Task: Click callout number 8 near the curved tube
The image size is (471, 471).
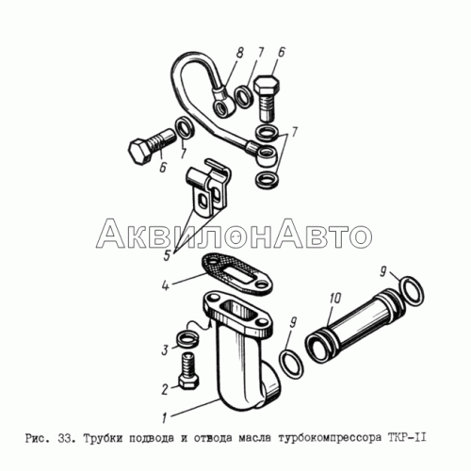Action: click(239, 53)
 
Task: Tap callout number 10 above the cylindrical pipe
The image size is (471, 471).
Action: click(334, 299)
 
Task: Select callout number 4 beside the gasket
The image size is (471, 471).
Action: click(166, 285)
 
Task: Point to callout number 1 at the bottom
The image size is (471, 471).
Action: click(164, 418)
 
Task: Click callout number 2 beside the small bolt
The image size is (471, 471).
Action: click(165, 390)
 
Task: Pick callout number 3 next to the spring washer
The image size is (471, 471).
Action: click(166, 350)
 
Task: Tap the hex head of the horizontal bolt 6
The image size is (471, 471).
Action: click(138, 153)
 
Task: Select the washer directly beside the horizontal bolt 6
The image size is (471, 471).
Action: click(186, 128)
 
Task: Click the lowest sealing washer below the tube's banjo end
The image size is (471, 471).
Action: click(268, 181)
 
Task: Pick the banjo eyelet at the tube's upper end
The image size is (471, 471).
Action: click(224, 103)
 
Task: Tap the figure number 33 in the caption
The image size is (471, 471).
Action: click(66, 438)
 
